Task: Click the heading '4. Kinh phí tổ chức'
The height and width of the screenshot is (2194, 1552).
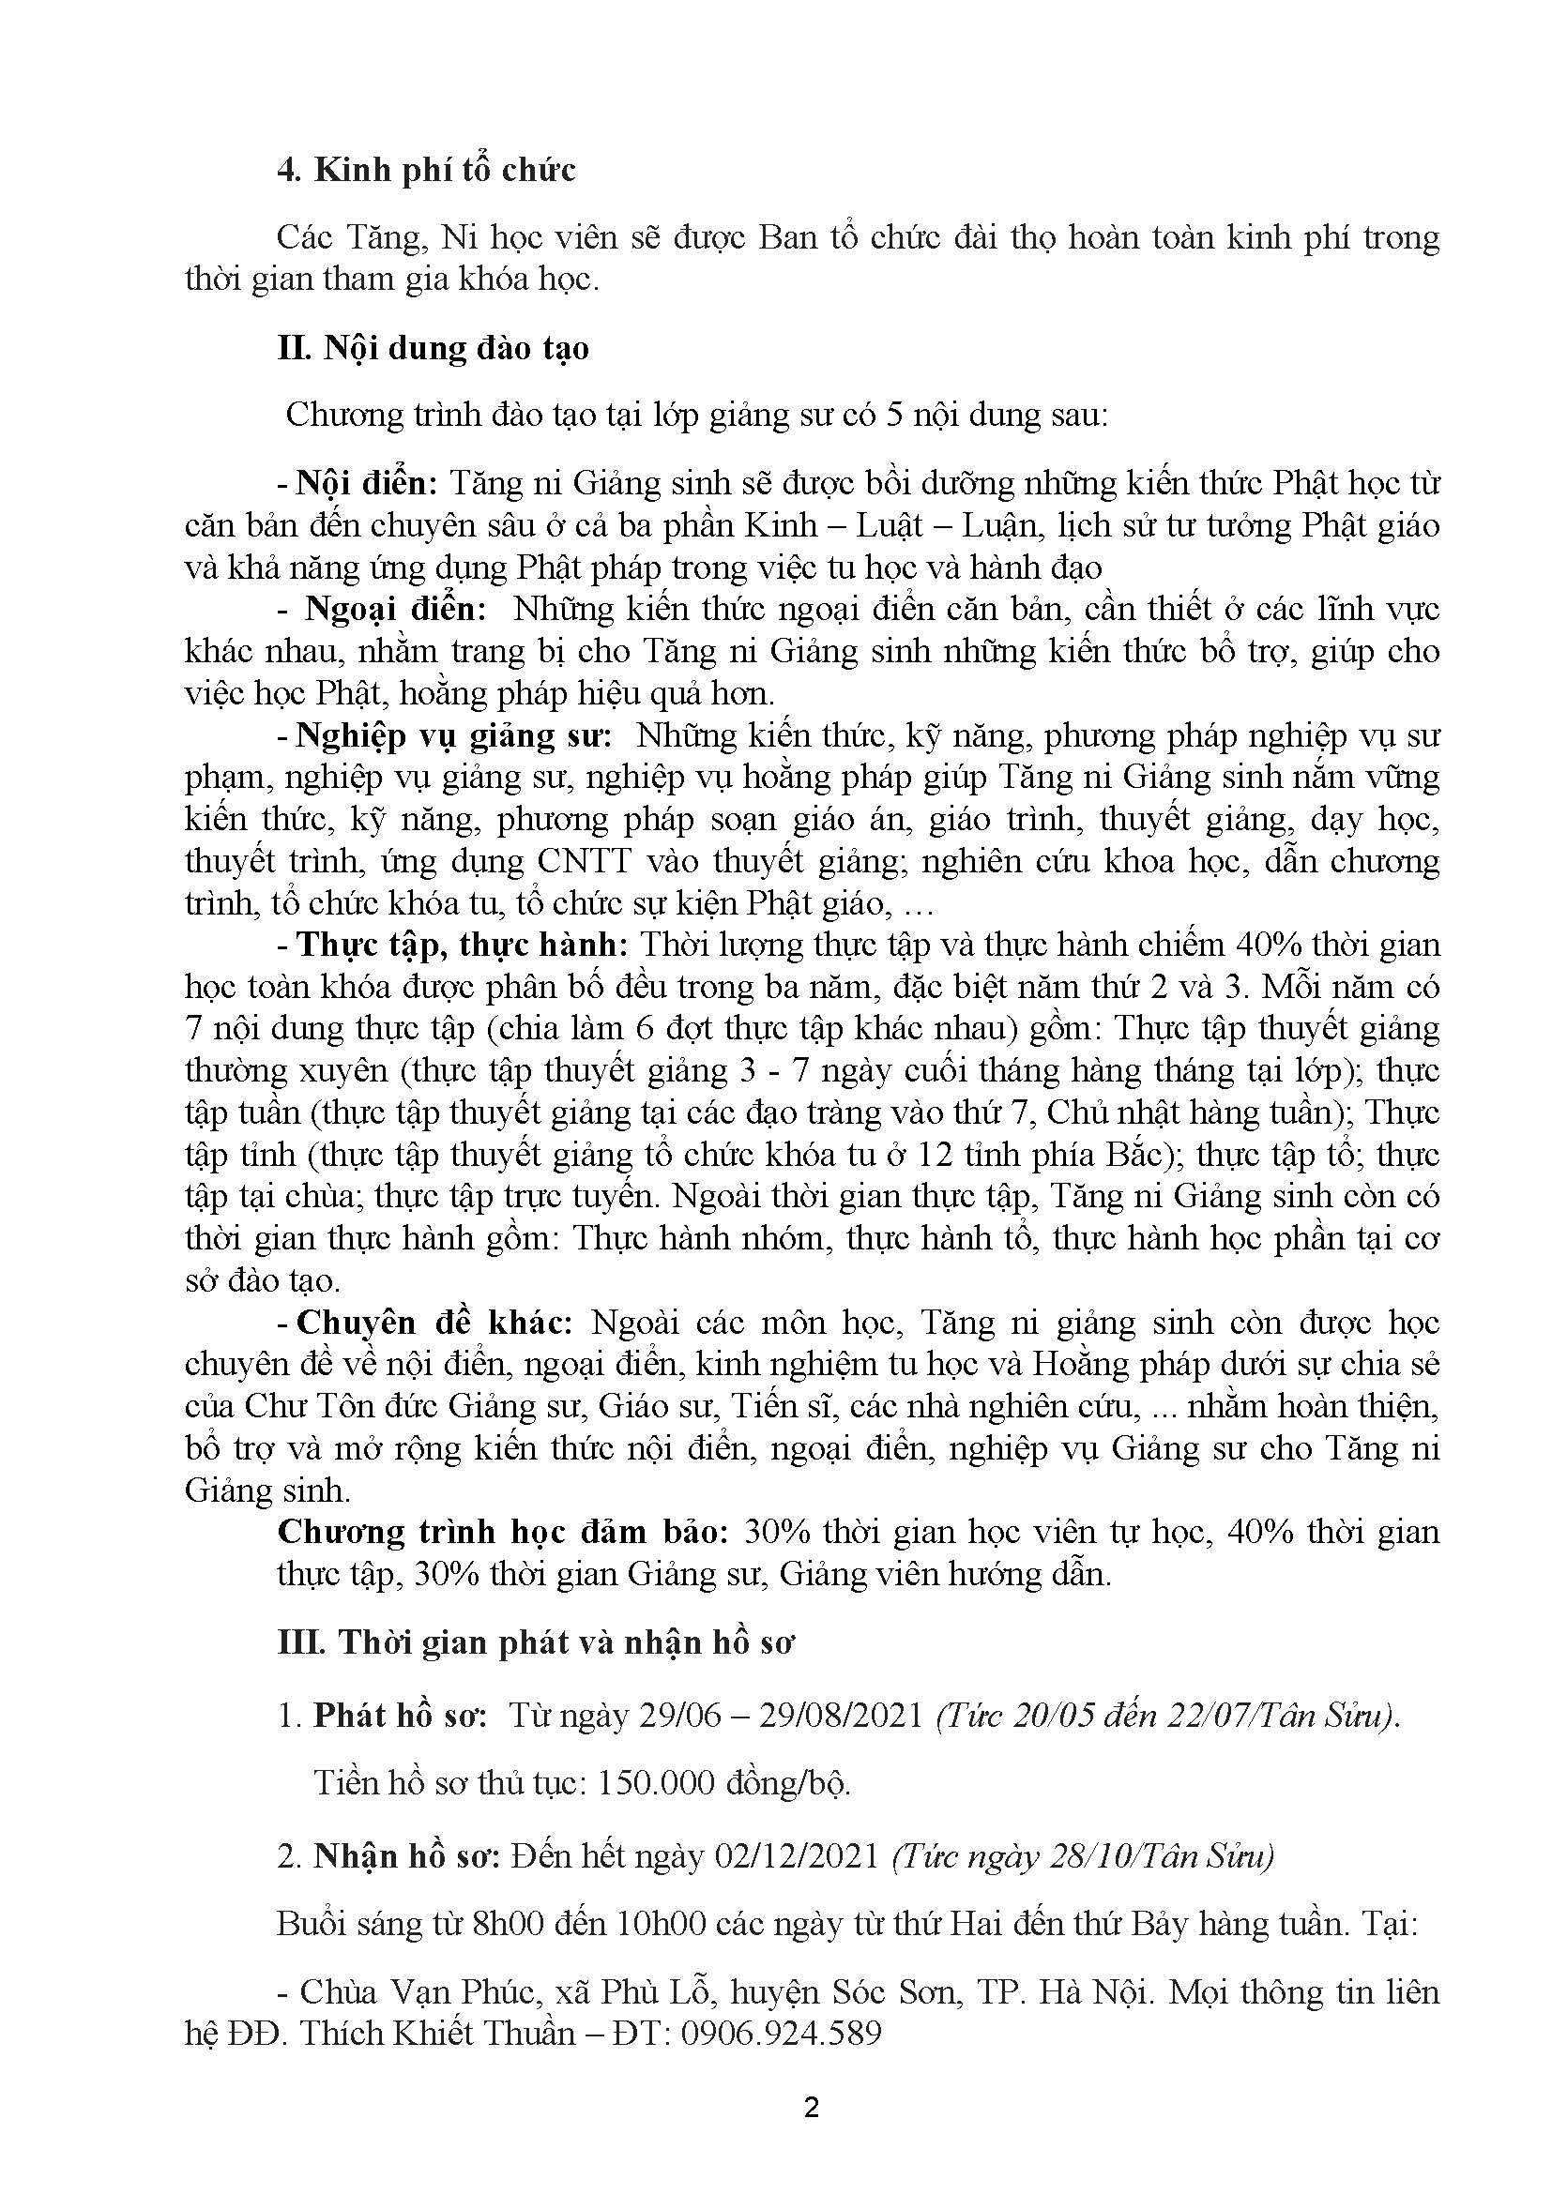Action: click(426, 170)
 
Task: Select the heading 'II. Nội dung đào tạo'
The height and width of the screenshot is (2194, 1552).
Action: click(433, 348)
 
